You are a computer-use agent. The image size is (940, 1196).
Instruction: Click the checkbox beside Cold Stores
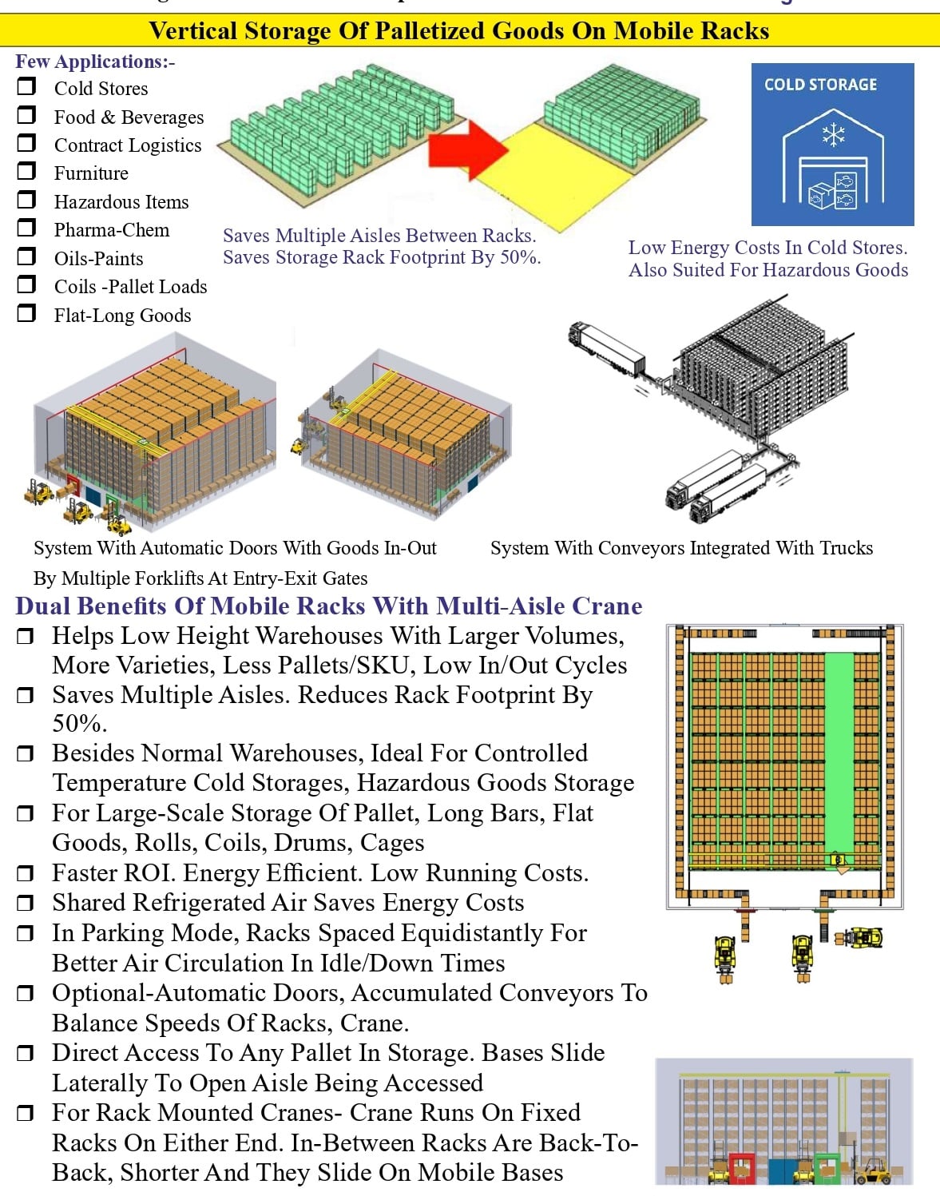[26, 86]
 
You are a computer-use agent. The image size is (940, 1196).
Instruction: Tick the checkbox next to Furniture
[26, 171]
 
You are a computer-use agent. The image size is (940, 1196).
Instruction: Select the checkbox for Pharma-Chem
[26, 228]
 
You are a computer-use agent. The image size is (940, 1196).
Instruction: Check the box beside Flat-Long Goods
[26, 312]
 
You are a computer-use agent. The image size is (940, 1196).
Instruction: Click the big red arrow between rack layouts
[467, 149]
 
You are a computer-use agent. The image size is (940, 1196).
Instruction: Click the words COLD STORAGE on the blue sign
[820, 85]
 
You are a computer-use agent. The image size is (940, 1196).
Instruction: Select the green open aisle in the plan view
[839, 751]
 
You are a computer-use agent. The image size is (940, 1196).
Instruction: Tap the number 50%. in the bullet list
[79, 724]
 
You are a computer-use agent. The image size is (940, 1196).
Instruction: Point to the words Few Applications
[91, 62]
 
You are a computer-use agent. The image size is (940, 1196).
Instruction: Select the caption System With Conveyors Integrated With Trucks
[681, 548]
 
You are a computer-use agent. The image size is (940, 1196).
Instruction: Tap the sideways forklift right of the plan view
[859, 937]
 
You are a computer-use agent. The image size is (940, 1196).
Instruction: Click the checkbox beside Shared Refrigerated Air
[26, 904]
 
